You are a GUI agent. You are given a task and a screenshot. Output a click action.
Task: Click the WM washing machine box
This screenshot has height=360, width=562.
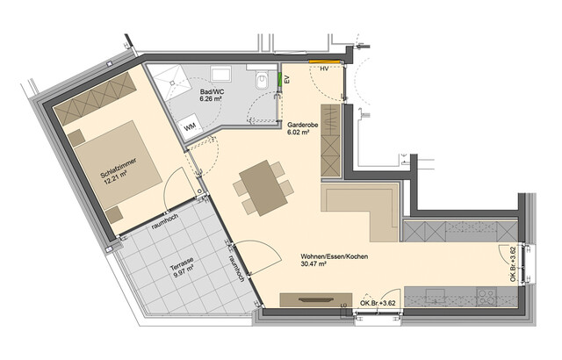189,126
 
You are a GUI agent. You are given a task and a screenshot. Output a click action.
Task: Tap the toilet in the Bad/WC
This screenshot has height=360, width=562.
258,82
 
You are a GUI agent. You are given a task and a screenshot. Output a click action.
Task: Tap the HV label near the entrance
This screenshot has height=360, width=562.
324,68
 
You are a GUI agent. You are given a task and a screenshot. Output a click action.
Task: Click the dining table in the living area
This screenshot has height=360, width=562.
262,186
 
